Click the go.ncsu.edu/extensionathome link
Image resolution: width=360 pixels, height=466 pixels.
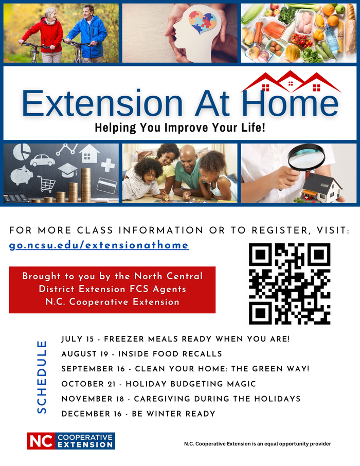[99, 245]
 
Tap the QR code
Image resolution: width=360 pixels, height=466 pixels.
[290, 283]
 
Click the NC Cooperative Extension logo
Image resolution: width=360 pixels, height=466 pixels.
[71, 441]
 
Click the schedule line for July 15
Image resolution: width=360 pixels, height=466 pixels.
[175, 339]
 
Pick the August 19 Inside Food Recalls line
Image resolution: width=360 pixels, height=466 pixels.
[141, 354]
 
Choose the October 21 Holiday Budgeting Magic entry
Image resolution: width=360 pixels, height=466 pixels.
[158, 384]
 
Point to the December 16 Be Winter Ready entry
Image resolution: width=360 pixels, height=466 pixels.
[138, 414]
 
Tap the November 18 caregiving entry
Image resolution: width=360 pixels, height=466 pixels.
[181, 399]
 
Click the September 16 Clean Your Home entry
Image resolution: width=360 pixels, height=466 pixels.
[185, 369]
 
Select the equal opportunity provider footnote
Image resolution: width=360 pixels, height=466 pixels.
[257, 444]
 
